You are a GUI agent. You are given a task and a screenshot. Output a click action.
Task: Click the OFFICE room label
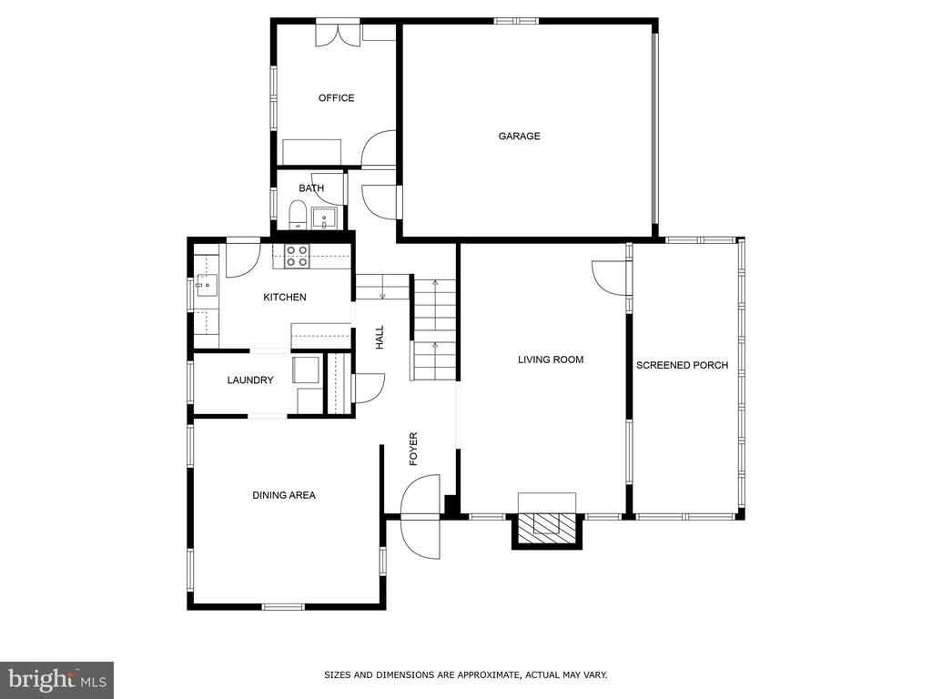(336, 98)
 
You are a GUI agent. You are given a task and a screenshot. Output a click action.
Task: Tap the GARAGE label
(519, 137)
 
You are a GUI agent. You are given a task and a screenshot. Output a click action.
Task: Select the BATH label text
(311, 188)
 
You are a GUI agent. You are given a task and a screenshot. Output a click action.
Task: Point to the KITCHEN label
(285, 298)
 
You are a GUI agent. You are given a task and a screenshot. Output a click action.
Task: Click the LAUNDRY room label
(250, 380)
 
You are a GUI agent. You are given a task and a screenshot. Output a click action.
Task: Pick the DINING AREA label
(284, 495)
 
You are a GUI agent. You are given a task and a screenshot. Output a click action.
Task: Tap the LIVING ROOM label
(551, 360)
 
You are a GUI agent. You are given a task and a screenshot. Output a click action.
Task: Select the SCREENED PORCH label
(682, 366)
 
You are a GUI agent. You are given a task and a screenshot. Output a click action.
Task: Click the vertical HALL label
(380, 337)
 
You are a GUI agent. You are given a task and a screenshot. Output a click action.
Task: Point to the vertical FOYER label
(413, 449)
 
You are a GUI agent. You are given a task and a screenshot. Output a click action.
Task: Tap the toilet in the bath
(298, 215)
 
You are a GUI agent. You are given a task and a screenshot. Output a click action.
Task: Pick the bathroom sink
(324, 218)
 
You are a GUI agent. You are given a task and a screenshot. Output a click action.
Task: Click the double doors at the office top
(338, 34)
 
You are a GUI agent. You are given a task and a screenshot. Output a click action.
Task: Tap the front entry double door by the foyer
(420, 517)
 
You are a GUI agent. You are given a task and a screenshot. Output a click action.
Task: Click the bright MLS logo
(56, 679)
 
